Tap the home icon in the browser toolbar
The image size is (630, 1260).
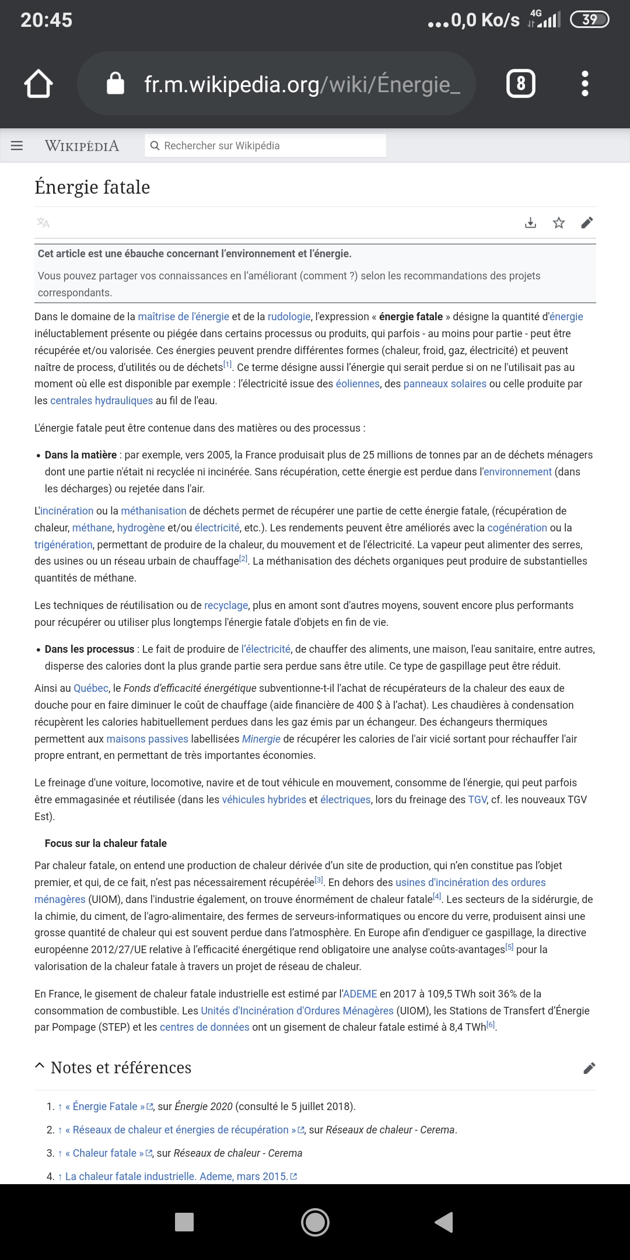38,83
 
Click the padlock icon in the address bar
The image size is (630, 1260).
116,83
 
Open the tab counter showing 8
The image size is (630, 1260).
520,83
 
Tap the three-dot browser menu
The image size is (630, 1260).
585,83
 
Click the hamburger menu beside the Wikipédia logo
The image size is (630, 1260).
17,145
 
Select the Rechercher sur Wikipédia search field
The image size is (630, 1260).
265,146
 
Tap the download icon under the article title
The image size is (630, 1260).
530,223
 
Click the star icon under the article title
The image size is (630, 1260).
559,223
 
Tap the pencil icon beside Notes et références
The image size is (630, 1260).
589,1068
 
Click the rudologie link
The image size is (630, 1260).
289,317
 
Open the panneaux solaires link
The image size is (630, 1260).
444,384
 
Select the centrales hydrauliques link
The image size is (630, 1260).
101,401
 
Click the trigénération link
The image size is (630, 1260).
64,545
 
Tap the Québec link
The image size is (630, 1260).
91,688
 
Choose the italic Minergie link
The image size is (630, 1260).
261,739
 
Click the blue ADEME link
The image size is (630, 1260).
360,994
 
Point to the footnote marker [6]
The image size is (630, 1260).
491,1025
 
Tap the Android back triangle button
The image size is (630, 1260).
444,1222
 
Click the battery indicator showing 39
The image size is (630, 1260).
589,20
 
